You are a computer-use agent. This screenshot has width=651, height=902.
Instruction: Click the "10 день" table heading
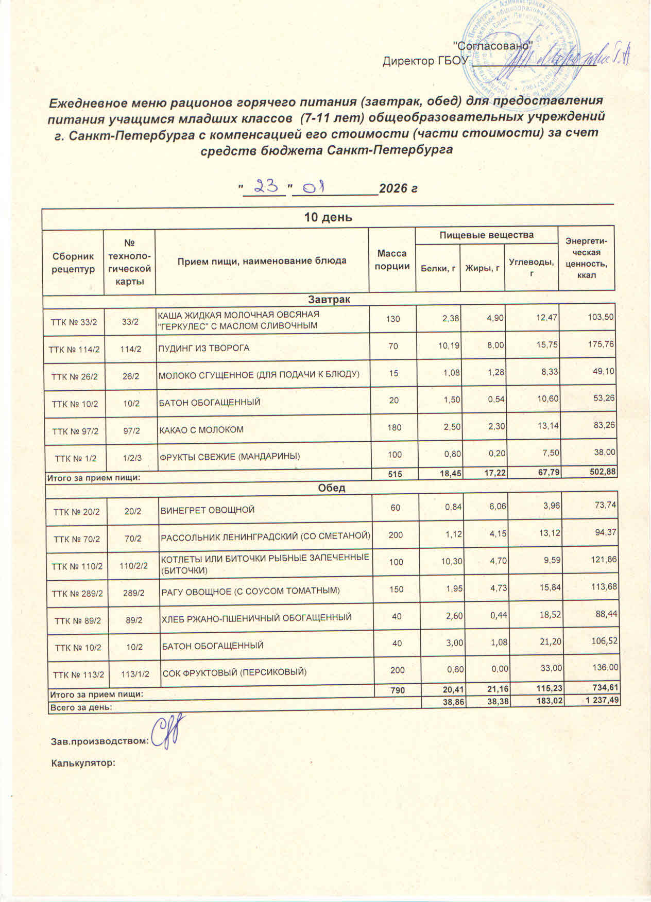pyautogui.click(x=328, y=217)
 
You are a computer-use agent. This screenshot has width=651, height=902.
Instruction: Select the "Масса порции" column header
pyautogui.click(x=392, y=260)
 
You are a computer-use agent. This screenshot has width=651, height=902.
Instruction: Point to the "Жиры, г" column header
pyautogui.click(x=483, y=268)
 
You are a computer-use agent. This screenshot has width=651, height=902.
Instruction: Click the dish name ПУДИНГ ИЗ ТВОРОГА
pyautogui.click(x=203, y=348)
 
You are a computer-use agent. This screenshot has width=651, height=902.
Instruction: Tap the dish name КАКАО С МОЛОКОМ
pyautogui.click(x=201, y=429)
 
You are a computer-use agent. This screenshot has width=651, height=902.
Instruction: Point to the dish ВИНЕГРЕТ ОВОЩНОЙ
pyautogui.click(x=208, y=510)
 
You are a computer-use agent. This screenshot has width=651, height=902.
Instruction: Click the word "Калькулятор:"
pyautogui.click(x=82, y=762)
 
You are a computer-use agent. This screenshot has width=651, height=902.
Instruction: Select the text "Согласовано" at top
pyautogui.click(x=492, y=45)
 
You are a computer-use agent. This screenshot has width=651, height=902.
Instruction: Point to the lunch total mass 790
pyautogui.click(x=396, y=687)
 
